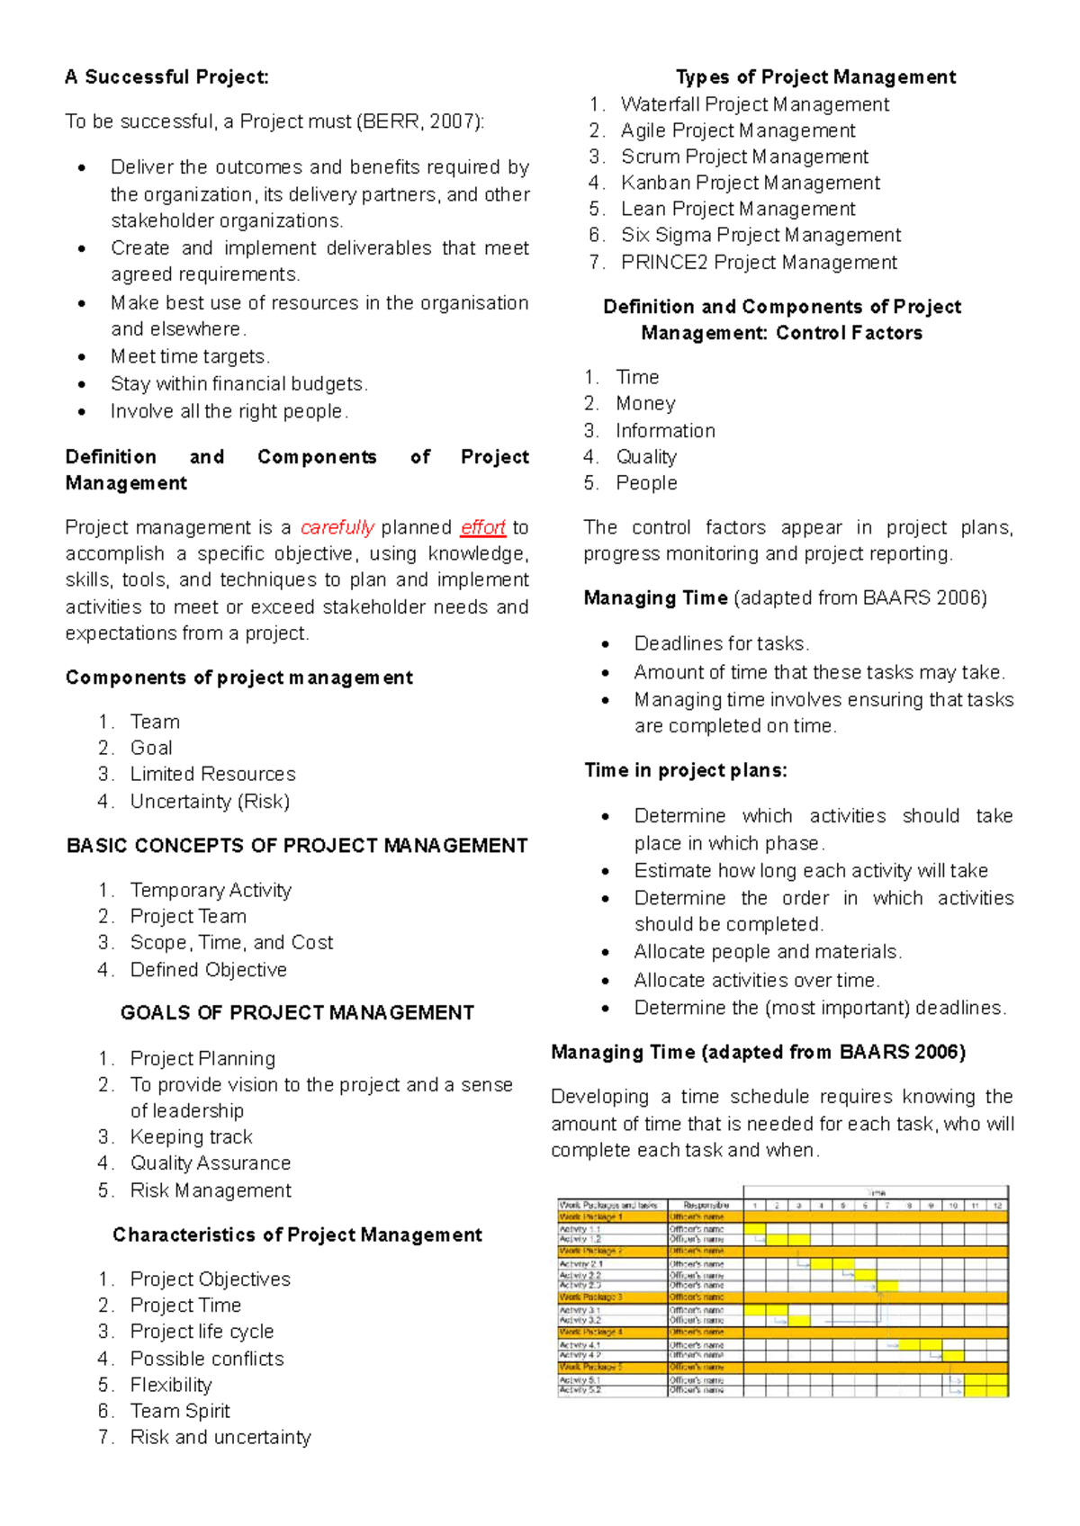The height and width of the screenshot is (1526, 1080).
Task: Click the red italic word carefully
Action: pos(337,527)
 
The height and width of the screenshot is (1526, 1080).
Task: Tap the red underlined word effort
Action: pos(482,527)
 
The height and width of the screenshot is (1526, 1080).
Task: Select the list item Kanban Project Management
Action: pos(750,183)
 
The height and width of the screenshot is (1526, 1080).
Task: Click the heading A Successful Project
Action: pos(166,77)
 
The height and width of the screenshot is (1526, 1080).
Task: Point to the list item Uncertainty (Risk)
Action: pos(210,801)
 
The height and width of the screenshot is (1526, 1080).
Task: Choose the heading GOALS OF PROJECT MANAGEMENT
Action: pos(297,1013)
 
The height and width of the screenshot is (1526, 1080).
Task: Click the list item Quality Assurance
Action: pos(210,1163)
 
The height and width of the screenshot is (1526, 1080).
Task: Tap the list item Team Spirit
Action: pos(180,1411)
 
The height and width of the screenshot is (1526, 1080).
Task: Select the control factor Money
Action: pos(645,403)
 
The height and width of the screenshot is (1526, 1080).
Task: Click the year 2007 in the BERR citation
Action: pos(452,121)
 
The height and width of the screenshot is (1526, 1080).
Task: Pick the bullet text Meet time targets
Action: pos(190,356)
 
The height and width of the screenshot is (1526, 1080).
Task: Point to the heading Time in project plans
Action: pos(685,770)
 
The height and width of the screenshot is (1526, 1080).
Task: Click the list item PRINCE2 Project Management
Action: pos(759,262)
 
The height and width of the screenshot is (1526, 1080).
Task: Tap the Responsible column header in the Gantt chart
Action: pos(706,1205)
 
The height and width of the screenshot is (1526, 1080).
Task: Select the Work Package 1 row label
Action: pos(591,1216)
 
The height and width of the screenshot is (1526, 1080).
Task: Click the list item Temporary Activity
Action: pos(211,890)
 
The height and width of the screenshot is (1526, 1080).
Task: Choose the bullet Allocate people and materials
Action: pos(767,952)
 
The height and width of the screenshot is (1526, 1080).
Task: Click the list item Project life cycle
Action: pos(202,1332)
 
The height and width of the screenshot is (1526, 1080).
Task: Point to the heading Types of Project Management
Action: pos(815,77)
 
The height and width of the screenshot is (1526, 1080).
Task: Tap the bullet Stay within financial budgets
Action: pos(238,384)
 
